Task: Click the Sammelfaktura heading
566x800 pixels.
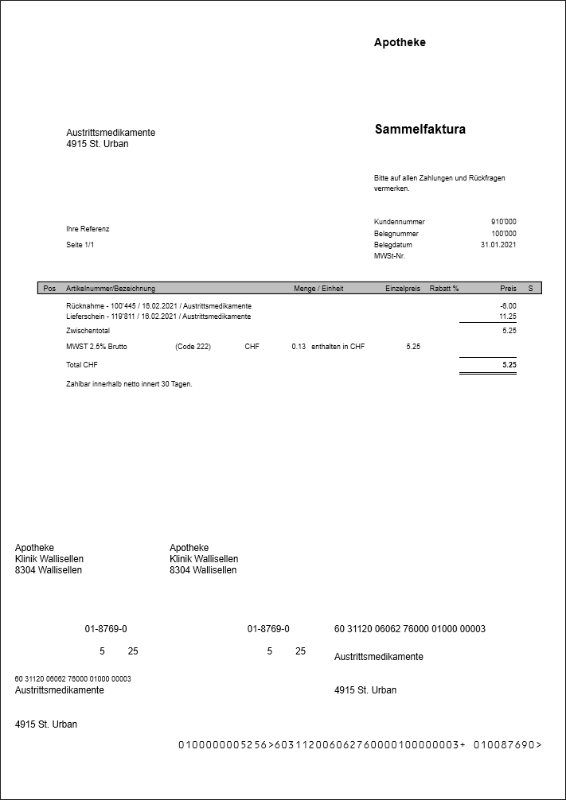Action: [x=420, y=130]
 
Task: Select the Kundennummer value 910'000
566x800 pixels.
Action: [x=503, y=222]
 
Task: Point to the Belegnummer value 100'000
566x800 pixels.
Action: [x=503, y=234]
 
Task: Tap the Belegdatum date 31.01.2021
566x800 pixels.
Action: [x=498, y=245]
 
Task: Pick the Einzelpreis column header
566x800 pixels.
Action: [x=402, y=289]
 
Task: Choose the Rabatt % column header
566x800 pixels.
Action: [x=444, y=289]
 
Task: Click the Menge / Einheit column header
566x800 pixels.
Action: [x=318, y=289]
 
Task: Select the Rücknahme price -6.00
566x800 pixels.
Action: [x=507, y=305]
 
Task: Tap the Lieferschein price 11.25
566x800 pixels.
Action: [x=507, y=317]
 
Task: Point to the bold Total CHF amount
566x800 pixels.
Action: [x=509, y=365]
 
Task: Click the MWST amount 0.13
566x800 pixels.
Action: [x=299, y=347]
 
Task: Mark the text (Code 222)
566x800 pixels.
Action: [x=193, y=347]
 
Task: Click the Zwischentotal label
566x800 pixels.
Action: [x=88, y=330]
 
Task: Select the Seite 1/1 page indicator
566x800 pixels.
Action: [x=80, y=245]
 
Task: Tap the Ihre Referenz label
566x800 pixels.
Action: [x=88, y=229]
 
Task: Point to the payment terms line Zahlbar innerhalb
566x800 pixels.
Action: [x=129, y=384]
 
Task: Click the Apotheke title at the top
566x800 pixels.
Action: [x=400, y=43]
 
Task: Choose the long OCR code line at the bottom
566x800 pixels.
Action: [x=359, y=745]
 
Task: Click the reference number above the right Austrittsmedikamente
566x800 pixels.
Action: [x=409, y=629]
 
